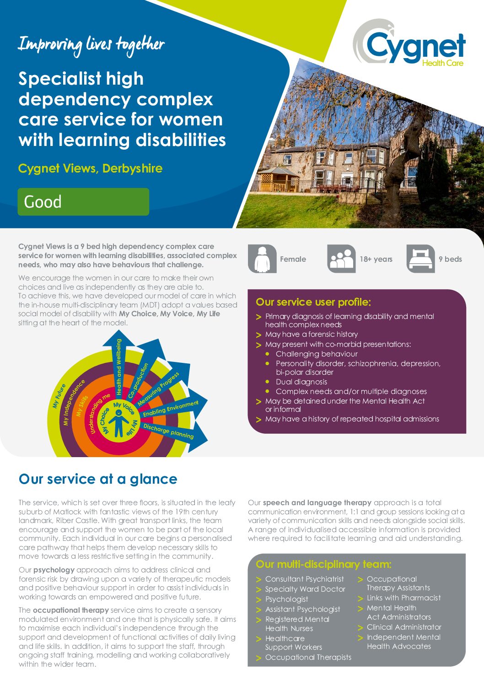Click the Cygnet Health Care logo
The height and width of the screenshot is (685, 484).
pos(409,43)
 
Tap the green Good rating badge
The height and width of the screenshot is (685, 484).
pos(83,202)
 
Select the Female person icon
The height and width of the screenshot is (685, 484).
pos(262,259)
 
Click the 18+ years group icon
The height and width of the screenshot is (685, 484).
pos(341,259)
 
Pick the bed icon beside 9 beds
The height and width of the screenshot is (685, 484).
pos(420,259)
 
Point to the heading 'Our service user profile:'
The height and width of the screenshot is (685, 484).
pos(313,302)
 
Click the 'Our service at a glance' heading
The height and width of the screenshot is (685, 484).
pos(98,479)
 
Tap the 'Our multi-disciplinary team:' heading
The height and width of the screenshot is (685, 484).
pos(323,564)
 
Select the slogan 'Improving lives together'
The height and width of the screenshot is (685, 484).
pos(91,44)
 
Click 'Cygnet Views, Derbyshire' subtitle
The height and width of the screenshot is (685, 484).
pos(90,168)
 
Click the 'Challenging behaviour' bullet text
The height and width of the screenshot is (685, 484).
pos(317,354)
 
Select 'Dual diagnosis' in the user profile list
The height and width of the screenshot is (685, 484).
pos(301,382)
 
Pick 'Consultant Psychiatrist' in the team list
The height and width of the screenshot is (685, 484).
pos(304,579)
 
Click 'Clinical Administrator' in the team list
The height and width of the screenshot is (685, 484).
pos(404,627)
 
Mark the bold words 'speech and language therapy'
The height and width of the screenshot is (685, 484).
pos(317,502)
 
